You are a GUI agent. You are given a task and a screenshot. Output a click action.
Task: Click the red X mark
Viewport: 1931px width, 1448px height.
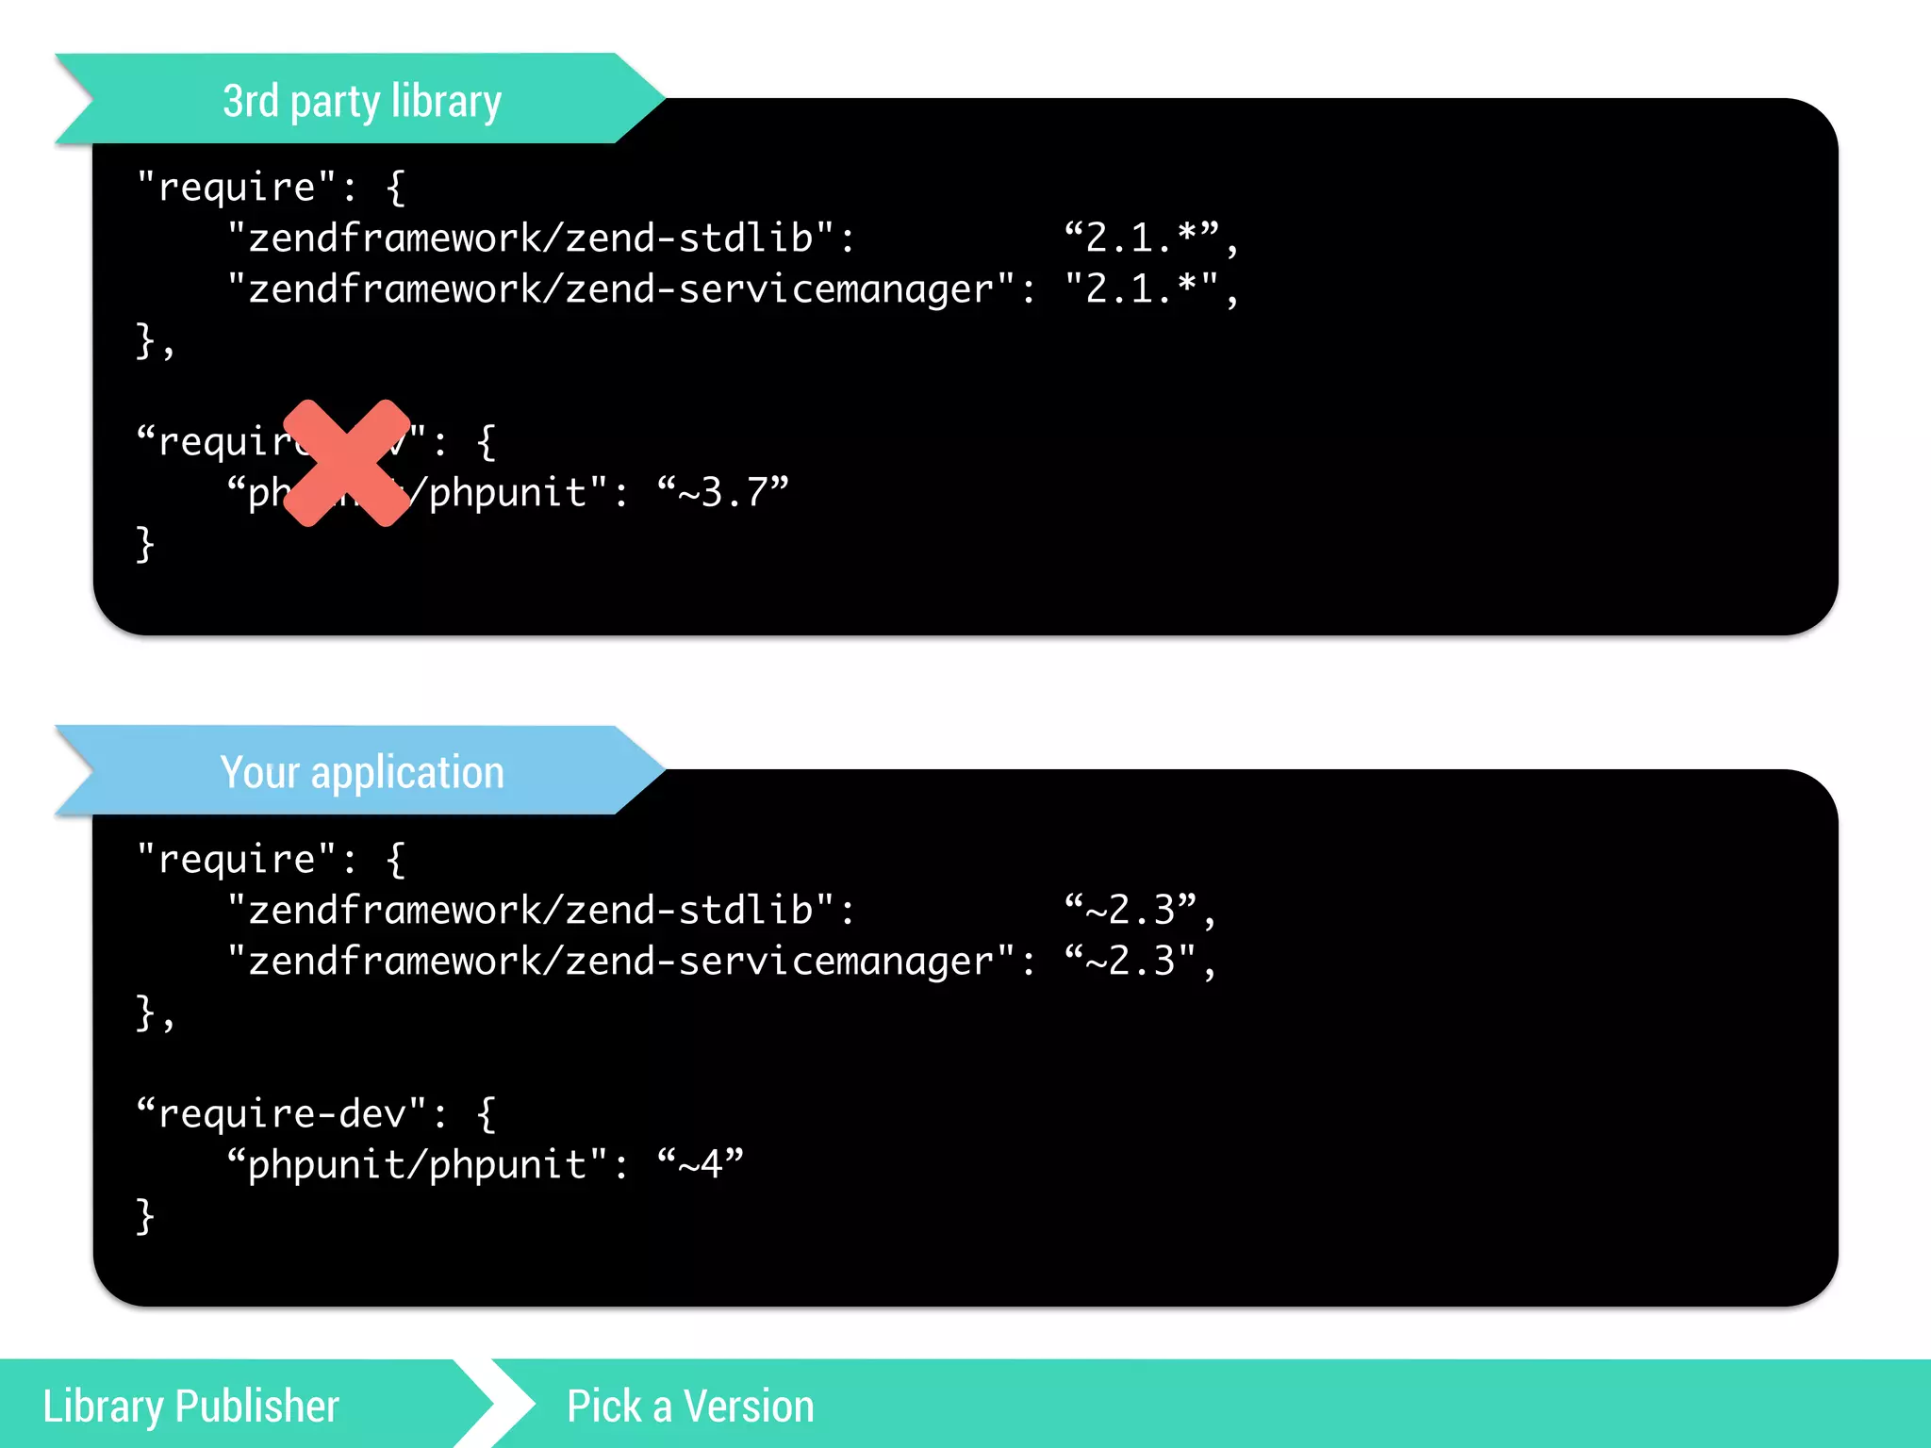click(347, 463)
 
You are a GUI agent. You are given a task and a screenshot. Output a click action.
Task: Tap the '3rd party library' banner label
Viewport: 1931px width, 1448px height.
click(362, 101)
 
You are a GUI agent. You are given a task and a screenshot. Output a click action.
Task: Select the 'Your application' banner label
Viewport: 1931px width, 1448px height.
click(362, 772)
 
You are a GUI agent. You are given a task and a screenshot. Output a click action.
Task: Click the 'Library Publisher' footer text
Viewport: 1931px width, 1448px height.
click(190, 1406)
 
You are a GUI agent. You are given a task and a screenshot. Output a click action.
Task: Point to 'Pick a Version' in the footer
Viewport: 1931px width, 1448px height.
click(690, 1406)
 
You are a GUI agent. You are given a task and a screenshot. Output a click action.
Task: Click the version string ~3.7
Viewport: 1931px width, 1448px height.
click(723, 492)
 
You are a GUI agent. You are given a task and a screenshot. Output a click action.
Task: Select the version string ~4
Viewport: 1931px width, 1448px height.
click(701, 1164)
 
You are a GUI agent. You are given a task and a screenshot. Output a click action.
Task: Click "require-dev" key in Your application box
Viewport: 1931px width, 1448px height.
click(282, 1113)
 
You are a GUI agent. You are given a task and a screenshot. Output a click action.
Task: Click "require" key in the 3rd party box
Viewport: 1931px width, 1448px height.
click(237, 187)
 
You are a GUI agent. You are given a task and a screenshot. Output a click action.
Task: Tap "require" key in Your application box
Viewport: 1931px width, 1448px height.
click(237, 859)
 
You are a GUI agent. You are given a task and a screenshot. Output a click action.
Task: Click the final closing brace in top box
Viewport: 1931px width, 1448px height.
click(145, 544)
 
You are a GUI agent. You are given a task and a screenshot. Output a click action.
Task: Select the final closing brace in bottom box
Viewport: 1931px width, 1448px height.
click(145, 1216)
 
